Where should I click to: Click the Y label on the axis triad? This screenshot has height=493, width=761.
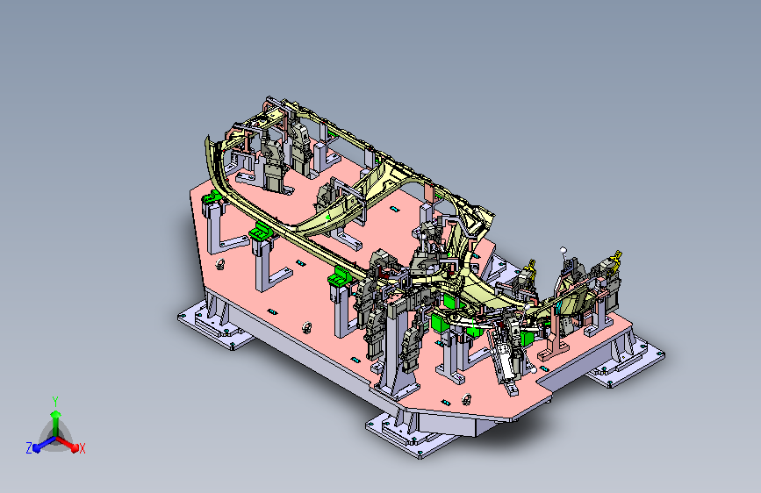(x=55, y=402)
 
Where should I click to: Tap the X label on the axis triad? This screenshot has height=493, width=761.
(x=82, y=448)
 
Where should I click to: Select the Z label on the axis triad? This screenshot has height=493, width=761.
(x=29, y=448)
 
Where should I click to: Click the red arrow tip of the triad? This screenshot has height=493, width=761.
(x=75, y=448)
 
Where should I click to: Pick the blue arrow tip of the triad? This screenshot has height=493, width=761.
(x=37, y=448)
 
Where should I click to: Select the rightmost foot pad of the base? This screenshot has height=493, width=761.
(x=626, y=361)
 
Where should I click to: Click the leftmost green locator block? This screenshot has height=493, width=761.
(x=212, y=197)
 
